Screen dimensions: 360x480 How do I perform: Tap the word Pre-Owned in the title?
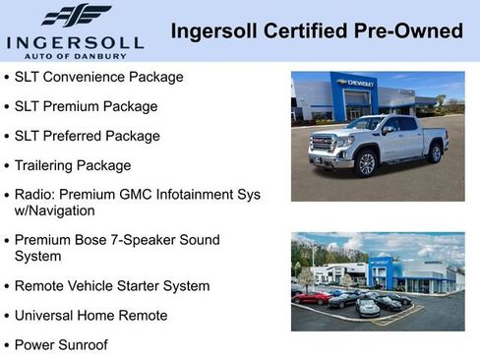tap(412, 31)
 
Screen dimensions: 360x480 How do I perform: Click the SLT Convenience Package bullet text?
tap(98, 76)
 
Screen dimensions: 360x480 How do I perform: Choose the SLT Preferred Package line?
tap(87, 135)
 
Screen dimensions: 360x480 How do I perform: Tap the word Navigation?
tap(62, 210)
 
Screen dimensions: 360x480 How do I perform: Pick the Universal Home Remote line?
tap(90, 316)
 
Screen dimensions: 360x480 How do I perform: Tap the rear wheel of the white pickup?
tap(435, 152)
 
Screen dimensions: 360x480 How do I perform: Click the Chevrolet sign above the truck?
tap(355, 83)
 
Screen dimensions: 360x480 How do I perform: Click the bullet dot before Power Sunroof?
tap(8, 346)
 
